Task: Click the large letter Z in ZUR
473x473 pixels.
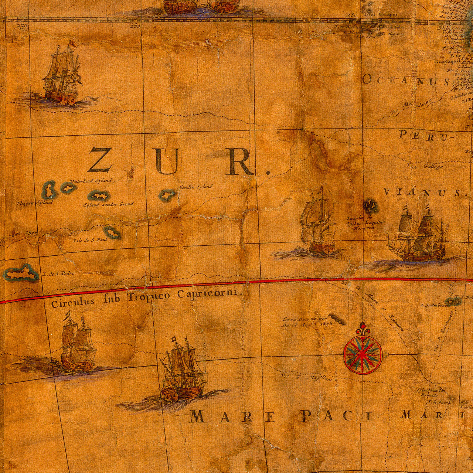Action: [x=99, y=160]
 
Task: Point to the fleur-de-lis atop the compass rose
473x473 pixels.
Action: [x=363, y=327]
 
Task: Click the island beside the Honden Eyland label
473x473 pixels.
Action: [x=167, y=195]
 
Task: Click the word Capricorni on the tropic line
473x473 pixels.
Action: [x=210, y=294]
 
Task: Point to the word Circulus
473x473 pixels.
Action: [x=72, y=303]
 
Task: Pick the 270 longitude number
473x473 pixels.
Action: [x=246, y=26]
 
